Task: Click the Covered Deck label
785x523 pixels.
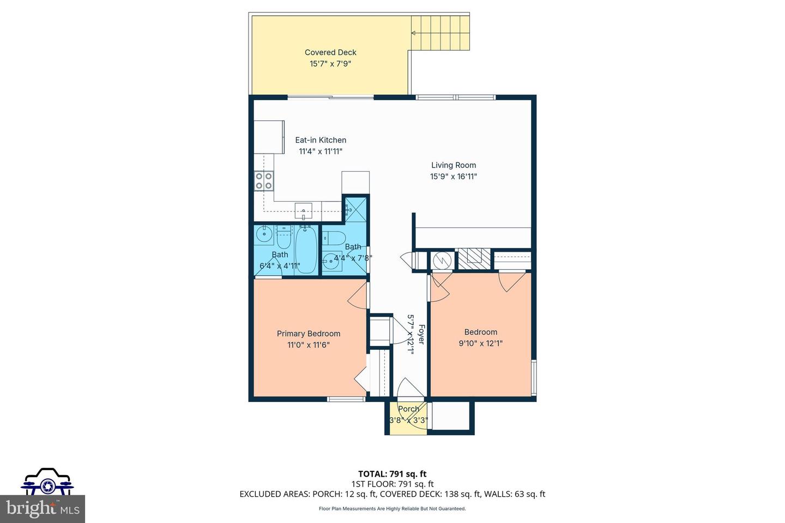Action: tap(330, 52)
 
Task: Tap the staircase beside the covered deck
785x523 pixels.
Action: tap(439, 33)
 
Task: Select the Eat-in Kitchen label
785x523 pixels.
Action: tap(321, 140)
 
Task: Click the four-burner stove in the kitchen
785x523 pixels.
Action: tap(264, 180)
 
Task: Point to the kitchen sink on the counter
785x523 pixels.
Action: tap(303, 210)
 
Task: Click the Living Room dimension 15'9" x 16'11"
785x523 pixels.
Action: tap(454, 177)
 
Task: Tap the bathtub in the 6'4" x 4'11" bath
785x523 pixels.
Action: tap(306, 250)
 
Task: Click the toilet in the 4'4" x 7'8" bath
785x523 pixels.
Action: tap(335, 239)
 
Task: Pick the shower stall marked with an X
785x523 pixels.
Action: tap(355, 208)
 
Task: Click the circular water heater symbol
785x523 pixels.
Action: tap(442, 260)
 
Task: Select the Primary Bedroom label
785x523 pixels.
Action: tap(309, 333)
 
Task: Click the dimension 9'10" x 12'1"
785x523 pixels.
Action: tap(480, 344)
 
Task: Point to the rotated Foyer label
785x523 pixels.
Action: tap(421, 334)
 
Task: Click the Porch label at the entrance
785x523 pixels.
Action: tap(408, 409)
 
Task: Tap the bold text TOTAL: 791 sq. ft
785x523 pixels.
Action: tap(392, 473)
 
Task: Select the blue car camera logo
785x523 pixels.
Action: tap(47, 482)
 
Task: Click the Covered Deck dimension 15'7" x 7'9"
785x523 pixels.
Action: tap(330, 64)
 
